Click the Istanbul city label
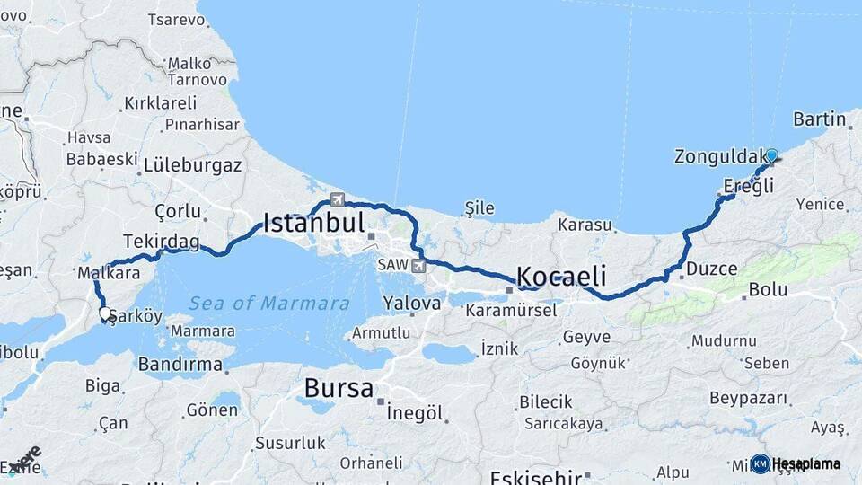[x=313, y=223]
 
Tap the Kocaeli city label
[x=561, y=275]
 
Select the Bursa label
[x=339, y=388]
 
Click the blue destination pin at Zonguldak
[x=771, y=156]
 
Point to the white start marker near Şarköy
[x=105, y=313]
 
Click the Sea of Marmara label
[x=269, y=304]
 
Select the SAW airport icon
[x=418, y=266]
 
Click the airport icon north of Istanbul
[x=337, y=199]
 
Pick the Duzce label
[x=711, y=269]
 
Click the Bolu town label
[x=768, y=289]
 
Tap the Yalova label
[x=411, y=304]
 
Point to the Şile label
[x=479, y=208]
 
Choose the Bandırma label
[x=180, y=365]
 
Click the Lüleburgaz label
[x=193, y=165]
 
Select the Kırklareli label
[x=160, y=103]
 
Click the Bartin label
[x=820, y=119]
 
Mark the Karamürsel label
[x=511, y=310]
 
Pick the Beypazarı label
[x=748, y=398]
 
